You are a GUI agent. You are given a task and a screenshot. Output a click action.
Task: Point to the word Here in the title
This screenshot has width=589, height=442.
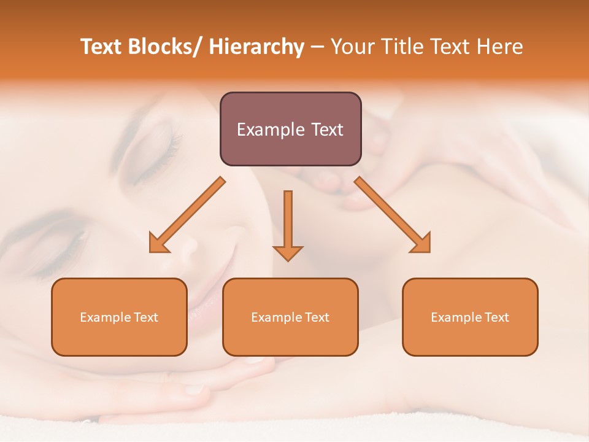(500, 47)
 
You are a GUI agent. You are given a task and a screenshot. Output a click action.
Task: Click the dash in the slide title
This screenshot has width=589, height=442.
(317, 47)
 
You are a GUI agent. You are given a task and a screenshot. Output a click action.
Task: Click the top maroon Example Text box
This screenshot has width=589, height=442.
(290, 129)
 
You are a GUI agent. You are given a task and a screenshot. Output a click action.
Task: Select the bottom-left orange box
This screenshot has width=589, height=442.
(119, 317)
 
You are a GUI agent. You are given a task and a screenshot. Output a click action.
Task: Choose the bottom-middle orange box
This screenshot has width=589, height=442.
(290, 317)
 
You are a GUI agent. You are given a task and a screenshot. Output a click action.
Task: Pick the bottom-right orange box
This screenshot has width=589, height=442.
(470, 317)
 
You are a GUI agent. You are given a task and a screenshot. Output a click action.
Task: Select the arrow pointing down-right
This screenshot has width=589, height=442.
(393, 215)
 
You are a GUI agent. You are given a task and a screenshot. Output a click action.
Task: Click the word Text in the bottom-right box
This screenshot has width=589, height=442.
(496, 317)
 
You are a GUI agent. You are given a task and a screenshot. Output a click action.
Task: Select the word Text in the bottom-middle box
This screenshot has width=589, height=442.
(317, 317)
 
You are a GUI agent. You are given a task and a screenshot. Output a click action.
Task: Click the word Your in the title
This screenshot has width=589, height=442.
(351, 47)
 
